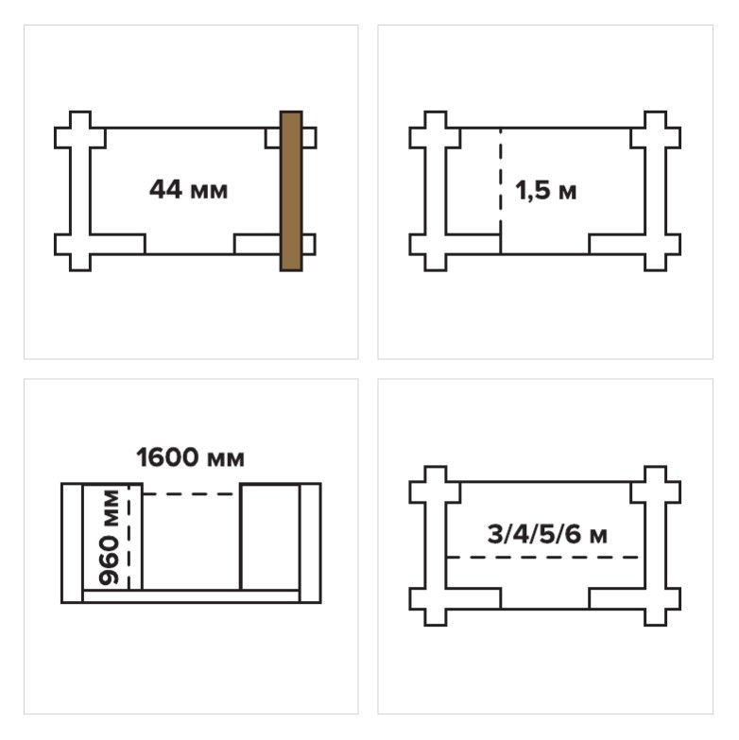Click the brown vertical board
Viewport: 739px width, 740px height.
pyautogui.click(x=291, y=191)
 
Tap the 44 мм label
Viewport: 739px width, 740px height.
pyautogui.click(x=188, y=190)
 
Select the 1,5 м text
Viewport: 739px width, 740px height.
pyautogui.click(x=545, y=191)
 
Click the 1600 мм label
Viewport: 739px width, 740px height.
pyautogui.click(x=190, y=457)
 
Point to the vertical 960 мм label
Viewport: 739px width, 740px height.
pyautogui.click(x=109, y=537)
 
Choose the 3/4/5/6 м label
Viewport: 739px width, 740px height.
pyautogui.click(x=547, y=535)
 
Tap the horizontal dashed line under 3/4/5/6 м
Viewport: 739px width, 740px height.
pyautogui.click(x=542, y=558)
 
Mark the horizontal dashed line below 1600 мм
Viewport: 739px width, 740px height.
pyautogui.click(x=189, y=494)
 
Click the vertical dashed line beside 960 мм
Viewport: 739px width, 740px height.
pyautogui.click(x=129, y=537)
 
